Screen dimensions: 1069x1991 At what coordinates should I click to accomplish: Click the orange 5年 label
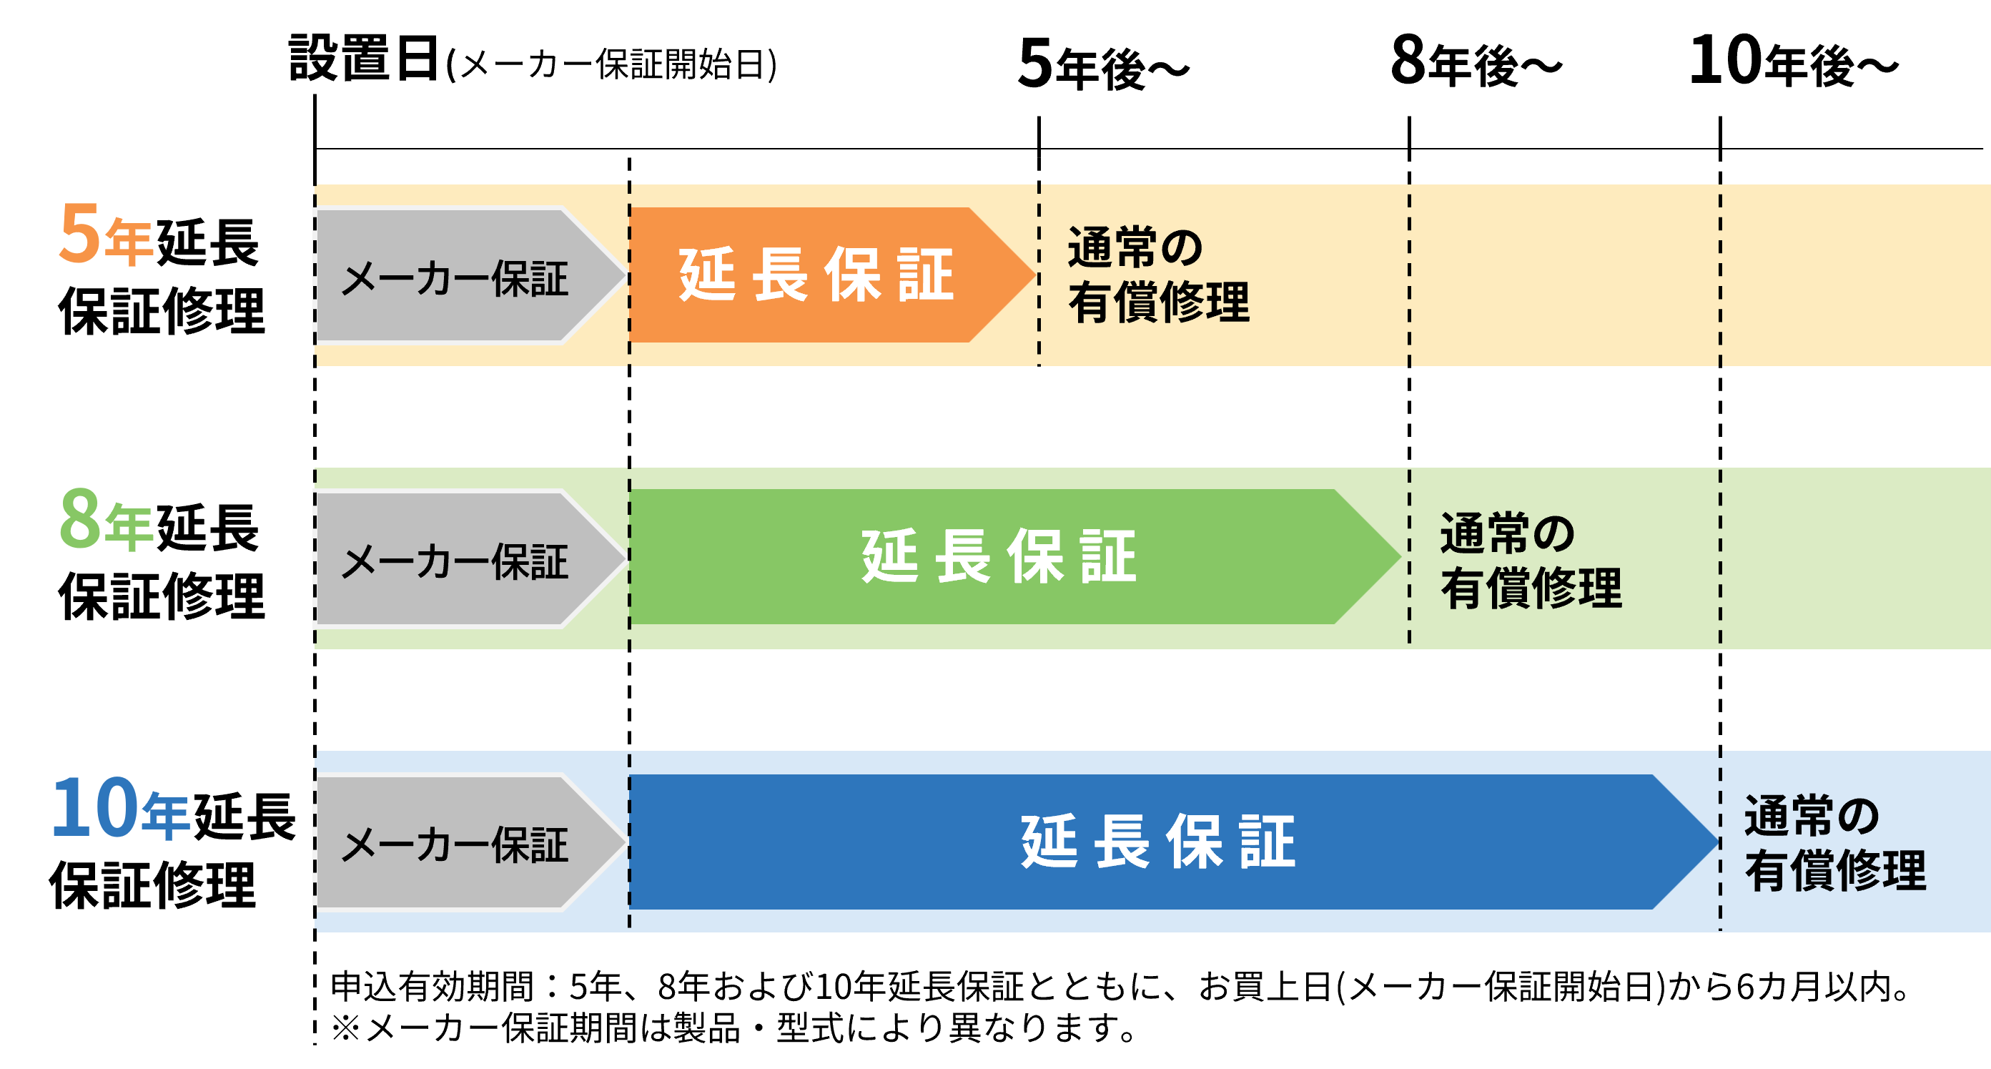click(107, 235)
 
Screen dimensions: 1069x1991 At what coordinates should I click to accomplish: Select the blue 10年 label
click(120, 808)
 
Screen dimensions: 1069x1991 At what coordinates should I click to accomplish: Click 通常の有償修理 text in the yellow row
click(1158, 275)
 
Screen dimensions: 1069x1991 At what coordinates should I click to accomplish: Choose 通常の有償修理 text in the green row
click(1531, 561)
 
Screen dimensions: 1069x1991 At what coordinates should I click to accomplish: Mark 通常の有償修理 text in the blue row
click(1835, 843)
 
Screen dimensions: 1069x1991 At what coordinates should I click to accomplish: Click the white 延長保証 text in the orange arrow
click(816, 275)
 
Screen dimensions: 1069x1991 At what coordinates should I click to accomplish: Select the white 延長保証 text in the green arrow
click(999, 556)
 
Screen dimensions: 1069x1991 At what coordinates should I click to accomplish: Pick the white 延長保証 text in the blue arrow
click(1158, 842)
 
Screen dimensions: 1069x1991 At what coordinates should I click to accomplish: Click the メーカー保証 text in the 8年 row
click(455, 561)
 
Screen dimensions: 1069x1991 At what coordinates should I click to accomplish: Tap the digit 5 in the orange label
click(79, 232)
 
